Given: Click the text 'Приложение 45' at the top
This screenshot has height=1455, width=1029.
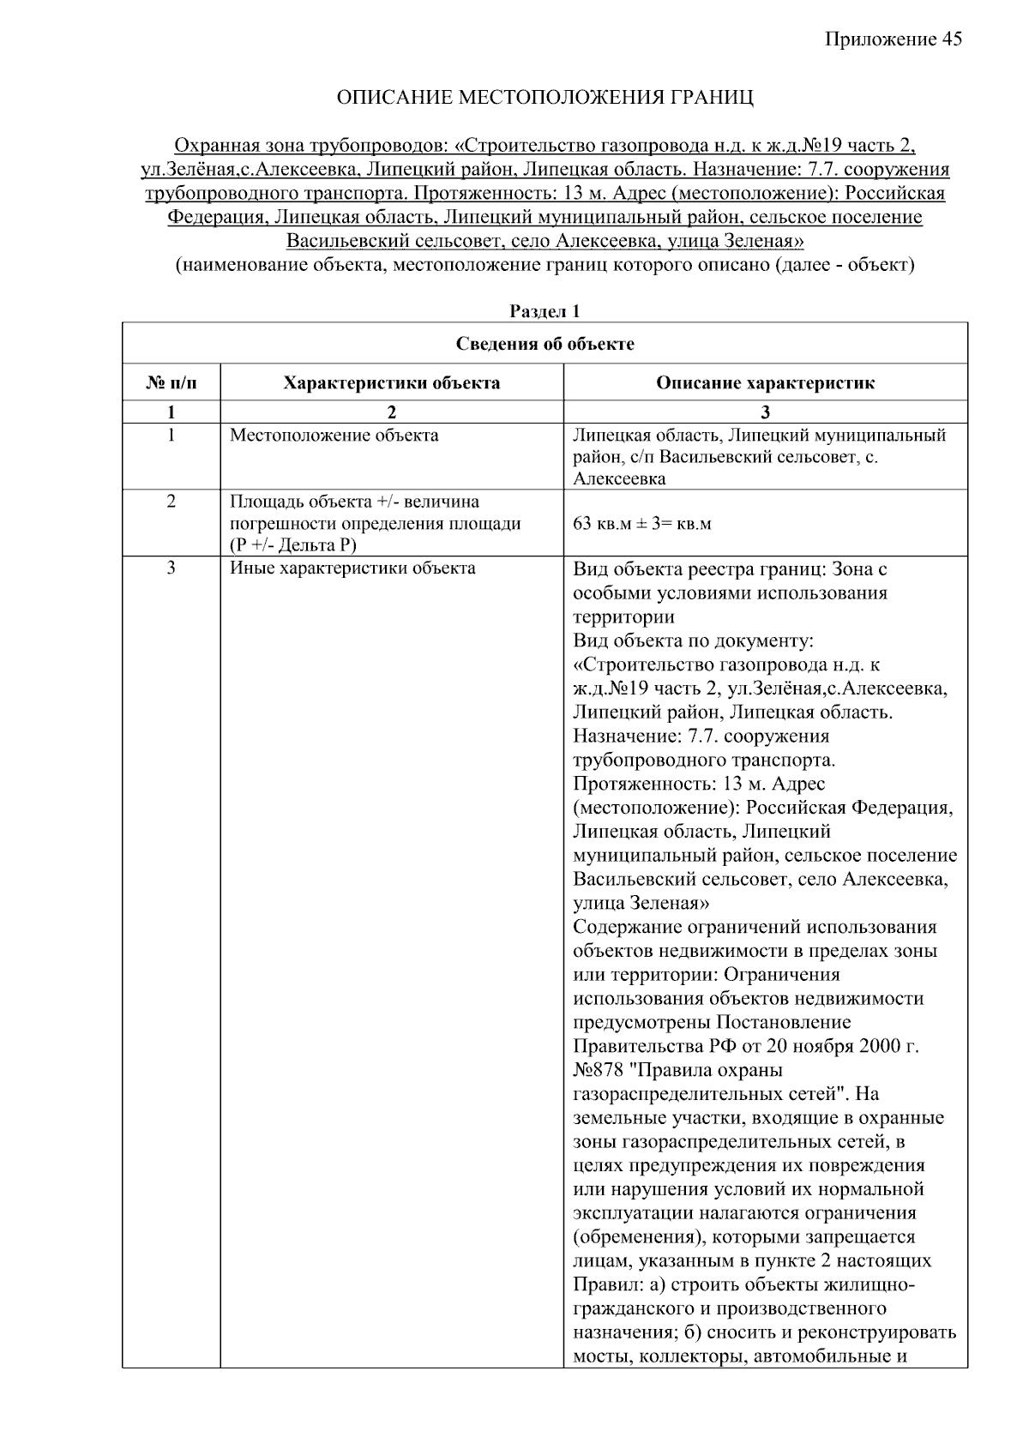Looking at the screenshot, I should coord(894,39).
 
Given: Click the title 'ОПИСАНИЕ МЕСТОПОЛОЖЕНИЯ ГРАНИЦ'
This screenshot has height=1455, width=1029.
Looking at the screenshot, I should coord(545,97).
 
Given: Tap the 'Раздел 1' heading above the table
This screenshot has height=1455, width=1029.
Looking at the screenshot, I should coord(545,311).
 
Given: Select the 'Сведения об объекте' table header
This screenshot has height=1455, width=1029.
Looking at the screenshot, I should coord(545,344).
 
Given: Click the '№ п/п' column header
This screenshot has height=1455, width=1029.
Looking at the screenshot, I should coord(171,382).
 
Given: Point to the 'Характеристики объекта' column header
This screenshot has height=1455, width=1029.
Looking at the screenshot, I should coord(392,382).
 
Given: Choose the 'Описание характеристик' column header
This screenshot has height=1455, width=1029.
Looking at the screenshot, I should coord(765,382).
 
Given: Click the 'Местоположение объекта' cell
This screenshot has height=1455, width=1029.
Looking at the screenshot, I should coord(334,436).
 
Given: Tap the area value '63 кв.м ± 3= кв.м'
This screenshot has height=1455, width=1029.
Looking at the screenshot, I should coord(641,523).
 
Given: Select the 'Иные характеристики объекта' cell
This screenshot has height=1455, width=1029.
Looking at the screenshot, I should coord(352,568).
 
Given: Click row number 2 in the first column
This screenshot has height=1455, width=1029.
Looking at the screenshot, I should coord(171,502).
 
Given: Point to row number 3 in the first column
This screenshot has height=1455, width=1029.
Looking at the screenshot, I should coord(171,568).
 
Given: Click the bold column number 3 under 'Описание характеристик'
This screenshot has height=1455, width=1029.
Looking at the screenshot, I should coord(766,412).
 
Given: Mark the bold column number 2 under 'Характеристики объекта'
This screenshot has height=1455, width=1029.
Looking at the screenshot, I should coord(392,412).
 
